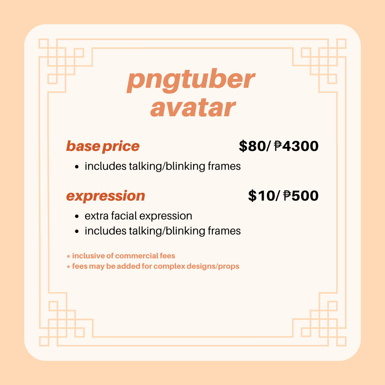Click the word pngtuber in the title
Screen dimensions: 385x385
(191, 80)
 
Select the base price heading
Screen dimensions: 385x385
(103, 146)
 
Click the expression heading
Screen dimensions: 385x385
(105, 196)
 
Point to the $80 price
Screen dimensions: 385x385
(252, 146)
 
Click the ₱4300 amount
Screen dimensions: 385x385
(296, 146)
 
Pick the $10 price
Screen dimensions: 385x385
(261, 196)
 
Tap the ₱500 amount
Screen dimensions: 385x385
(301, 196)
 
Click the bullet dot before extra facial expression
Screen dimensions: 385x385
(77, 216)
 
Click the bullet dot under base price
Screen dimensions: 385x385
(77, 167)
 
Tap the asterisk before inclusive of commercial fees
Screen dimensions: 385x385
(69, 256)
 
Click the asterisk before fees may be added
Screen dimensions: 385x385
(69, 267)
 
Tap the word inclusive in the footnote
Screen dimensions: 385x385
(89, 256)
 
